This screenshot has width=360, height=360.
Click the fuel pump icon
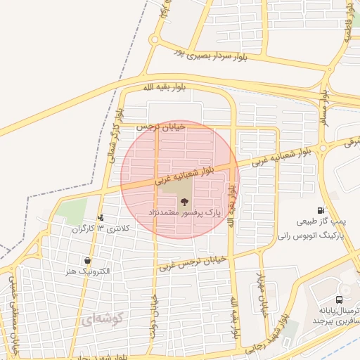coord(321,210)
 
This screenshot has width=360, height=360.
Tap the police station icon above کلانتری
coord(101,218)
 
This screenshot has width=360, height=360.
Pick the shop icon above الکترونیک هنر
coord(86,261)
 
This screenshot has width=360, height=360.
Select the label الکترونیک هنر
coord(86,271)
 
